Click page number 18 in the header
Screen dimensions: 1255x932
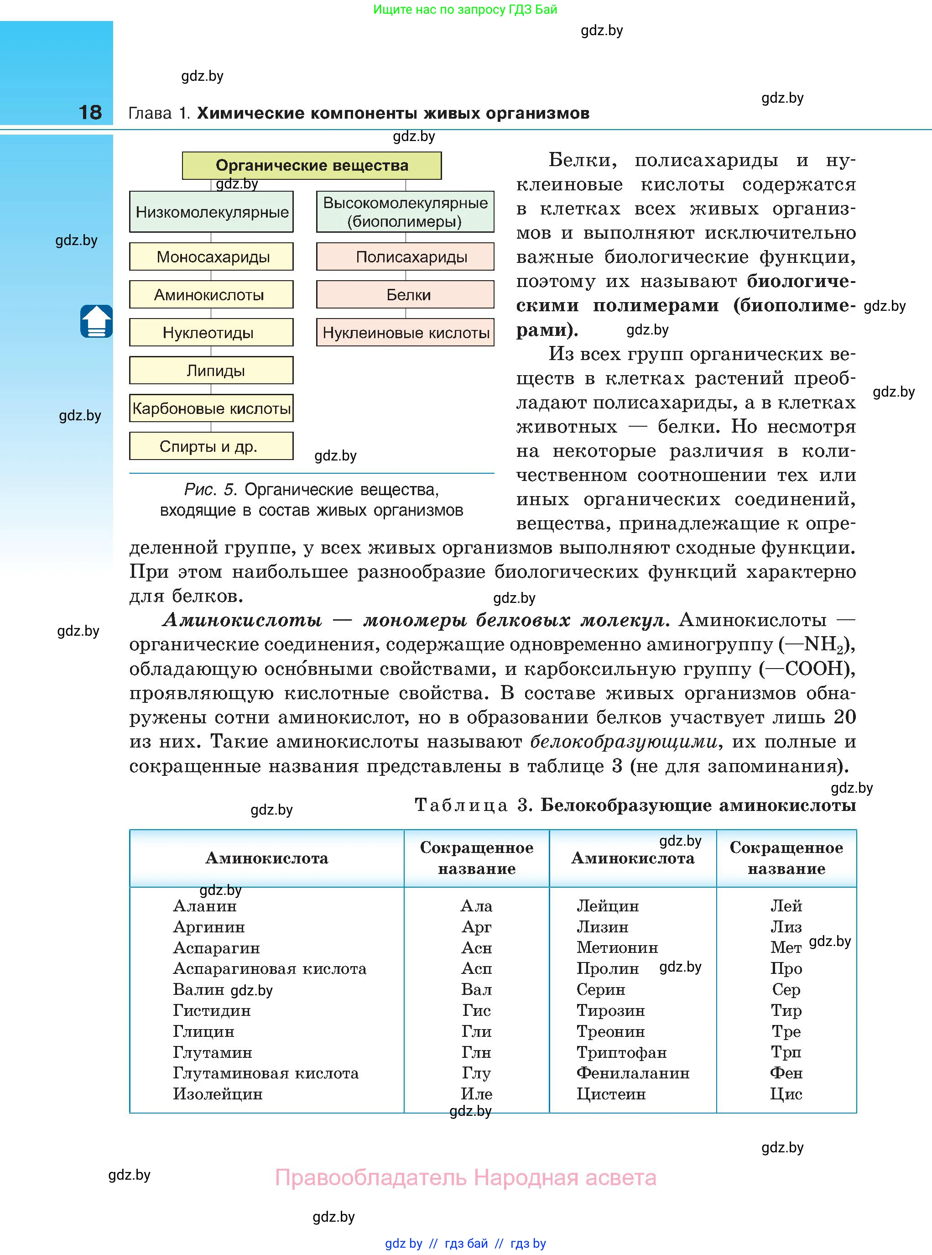click(x=90, y=112)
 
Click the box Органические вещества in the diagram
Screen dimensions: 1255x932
click(x=312, y=165)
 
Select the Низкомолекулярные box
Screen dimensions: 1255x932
click(x=212, y=212)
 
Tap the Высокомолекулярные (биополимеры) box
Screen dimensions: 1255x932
click(x=405, y=212)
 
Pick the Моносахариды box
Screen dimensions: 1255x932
click(x=212, y=257)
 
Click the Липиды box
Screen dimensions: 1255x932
click(x=212, y=371)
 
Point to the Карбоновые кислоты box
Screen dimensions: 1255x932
click(x=212, y=408)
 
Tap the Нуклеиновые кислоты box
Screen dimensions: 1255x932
click(x=405, y=332)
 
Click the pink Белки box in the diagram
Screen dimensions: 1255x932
click(x=405, y=294)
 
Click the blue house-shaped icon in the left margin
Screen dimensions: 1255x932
click(x=96, y=321)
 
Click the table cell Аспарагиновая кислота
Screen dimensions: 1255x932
click(x=269, y=969)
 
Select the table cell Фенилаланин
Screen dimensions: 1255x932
click(x=632, y=1073)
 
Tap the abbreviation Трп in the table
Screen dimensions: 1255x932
click(x=786, y=1052)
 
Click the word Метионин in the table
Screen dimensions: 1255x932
click(x=617, y=947)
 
